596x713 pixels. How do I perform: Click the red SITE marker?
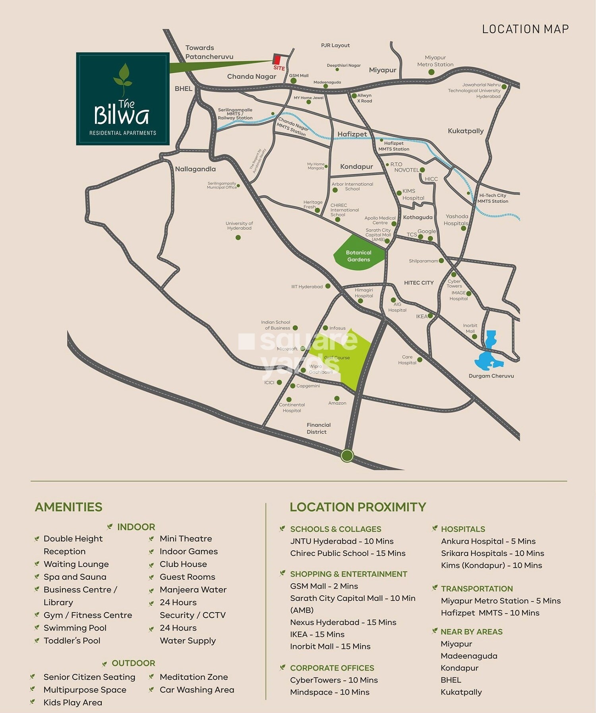(277, 60)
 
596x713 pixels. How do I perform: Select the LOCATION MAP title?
(525, 29)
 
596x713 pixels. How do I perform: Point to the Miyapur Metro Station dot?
(432, 72)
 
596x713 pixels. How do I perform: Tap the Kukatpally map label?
(465, 131)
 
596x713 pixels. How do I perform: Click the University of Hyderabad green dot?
(238, 238)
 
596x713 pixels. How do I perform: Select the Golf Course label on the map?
(337, 358)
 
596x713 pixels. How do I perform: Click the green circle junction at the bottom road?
(347, 455)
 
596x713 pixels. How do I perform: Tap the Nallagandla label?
(195, 169)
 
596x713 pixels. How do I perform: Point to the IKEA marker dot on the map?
(430, 316)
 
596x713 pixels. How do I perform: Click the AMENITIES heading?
(69, 507)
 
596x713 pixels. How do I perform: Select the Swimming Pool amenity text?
(75, 628)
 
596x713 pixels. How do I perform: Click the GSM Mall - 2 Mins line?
(324, 586)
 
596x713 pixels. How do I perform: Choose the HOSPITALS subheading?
(463, 529)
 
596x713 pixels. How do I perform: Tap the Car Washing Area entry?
(197, 690)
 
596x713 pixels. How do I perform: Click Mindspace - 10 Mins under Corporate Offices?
(329, 692)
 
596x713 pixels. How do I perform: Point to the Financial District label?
(318, 428)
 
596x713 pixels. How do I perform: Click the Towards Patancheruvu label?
(209, 52)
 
